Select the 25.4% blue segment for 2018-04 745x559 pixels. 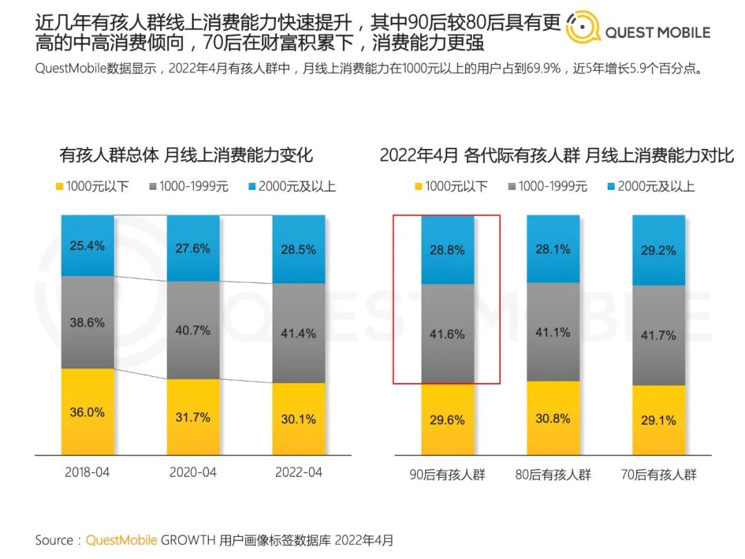88,246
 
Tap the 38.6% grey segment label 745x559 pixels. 88,322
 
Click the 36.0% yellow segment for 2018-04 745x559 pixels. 88,412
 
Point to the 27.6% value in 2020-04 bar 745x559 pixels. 193,248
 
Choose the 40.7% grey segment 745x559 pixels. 193,330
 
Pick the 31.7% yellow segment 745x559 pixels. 193,417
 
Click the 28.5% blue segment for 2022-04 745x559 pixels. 299,250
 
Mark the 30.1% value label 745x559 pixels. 299,419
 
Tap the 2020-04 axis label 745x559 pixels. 193,473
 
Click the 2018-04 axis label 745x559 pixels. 87,473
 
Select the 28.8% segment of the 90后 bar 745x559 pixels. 447,251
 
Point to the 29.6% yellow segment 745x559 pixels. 447,420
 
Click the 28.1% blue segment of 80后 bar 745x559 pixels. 553,249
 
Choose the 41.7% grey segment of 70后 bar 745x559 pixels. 659,335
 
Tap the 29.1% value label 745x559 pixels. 659,420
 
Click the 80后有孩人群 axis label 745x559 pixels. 553,475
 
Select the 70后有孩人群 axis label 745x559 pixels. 659,475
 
